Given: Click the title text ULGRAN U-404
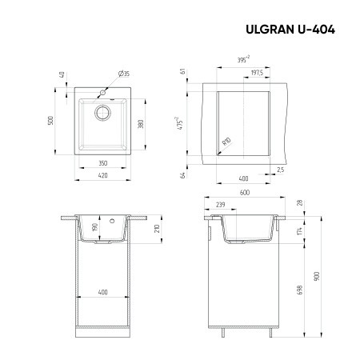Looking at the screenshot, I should click(289, 30).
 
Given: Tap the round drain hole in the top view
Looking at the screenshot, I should click(103, 112).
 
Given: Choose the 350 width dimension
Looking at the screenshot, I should click(102, 162).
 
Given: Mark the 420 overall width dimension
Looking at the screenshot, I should click(102, 176).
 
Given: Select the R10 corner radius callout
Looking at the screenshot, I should click(226, 142).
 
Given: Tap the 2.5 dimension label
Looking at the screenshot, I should click(280, 170).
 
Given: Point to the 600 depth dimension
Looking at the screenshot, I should click(244, 192).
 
